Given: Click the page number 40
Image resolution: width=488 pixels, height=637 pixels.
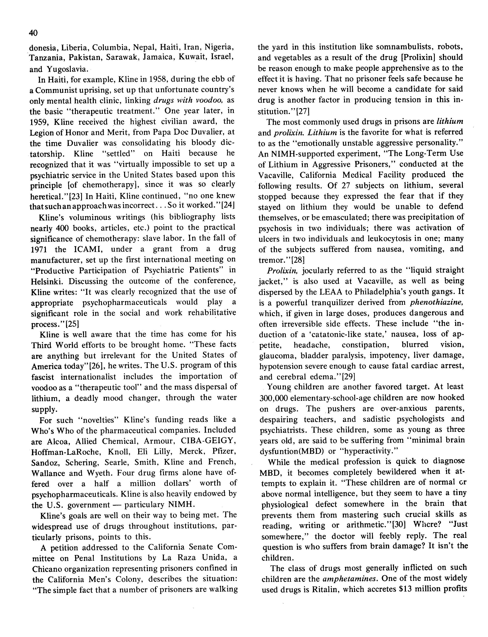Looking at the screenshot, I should point(33,33).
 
